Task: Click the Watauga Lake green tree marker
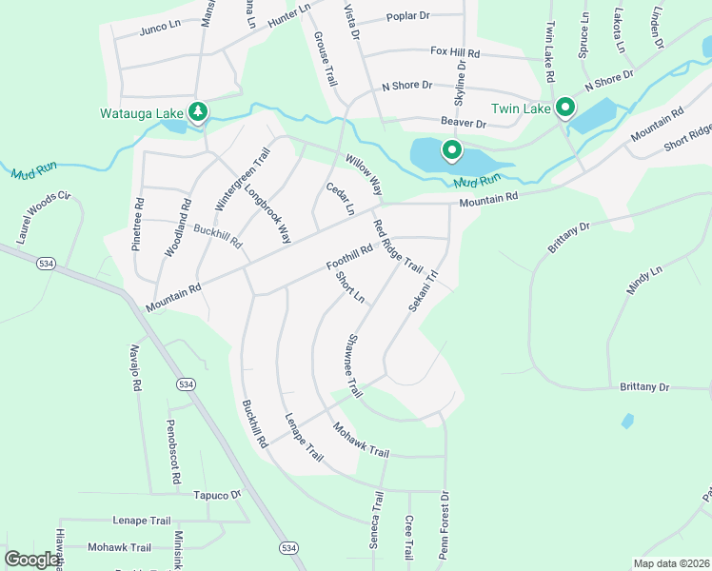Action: click(x=198, y=113)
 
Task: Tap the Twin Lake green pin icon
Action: click(x=564, y=108)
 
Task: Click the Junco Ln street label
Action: click(x=160, y=27)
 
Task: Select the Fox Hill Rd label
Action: click(x=454, y=51)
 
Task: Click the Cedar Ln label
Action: click(x=340, y=198)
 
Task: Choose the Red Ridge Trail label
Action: click(x=397, y=246)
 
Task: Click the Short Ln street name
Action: click(x=350, y=286)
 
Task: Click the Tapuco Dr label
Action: click(x=218, y=495)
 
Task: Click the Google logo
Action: click(x=32, y=560)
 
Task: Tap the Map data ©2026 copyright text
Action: click(x=671, y=563)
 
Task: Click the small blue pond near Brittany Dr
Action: click(x=626, y=420)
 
